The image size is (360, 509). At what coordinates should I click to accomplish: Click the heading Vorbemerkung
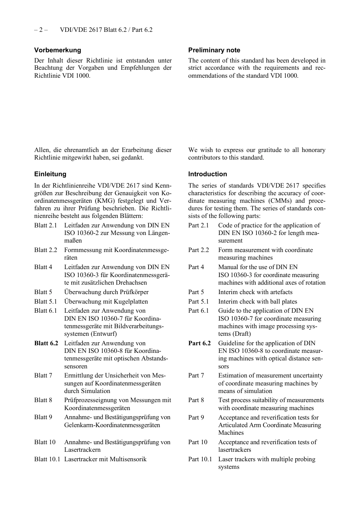(x=58, y=50)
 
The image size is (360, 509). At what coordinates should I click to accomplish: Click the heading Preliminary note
(x=214, y=50)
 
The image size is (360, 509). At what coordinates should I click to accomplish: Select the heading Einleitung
(x=50, y=174)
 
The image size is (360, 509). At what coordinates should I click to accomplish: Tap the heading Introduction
(x=207, y=174)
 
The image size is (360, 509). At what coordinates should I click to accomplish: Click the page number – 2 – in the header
(x=41, y=30)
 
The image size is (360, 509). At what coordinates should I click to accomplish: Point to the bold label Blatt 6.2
(x=46, y=343)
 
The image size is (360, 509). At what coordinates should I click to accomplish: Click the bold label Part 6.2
(x=199, y=343)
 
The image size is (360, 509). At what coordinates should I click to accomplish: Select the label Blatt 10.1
(x=47, y=459)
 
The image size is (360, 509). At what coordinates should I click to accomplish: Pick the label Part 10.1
(x=200, y=459)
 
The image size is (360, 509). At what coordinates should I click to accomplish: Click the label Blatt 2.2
(x=45, y=250)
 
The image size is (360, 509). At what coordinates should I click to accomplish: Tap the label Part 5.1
(x=199, y=301)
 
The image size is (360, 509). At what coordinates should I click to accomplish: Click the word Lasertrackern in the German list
(x=82, y=449)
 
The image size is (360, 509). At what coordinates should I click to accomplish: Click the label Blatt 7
(x=43, y=375)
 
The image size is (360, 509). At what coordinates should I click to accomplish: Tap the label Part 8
(x=196, y=400)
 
